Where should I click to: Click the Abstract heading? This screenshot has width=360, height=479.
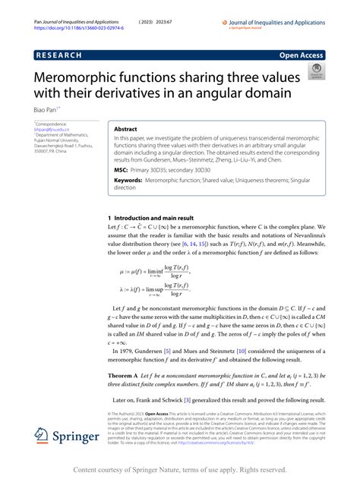pyautogui.click(x=125, y=130)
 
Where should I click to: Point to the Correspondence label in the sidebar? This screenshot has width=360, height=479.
pyautogui.click(x=54, y=124)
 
